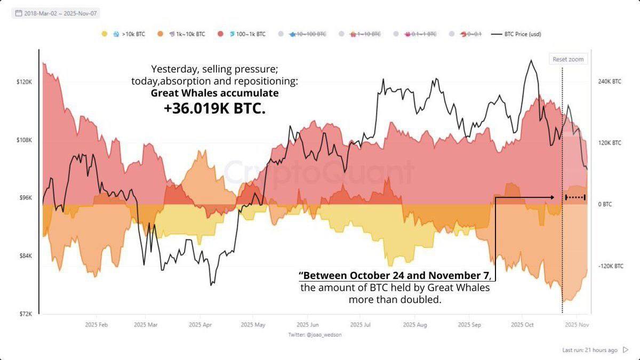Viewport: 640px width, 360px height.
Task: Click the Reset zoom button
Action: pyautogui.click(x=569, y=59)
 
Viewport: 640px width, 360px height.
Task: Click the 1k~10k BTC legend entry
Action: pyautogui.click(x=190, y=34)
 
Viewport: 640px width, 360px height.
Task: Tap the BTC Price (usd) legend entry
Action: pyautogui.click(x=519, y=34)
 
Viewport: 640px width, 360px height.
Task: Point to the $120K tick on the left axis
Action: pyautogui.click(x=25, y=82)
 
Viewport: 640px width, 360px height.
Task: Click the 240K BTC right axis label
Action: pyautogui.click(x=610, y=82)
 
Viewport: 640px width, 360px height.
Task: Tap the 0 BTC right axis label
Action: pyautogui.click(x=605, y=204)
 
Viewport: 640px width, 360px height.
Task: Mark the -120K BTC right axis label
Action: pyautogui.click(x=610, y=266)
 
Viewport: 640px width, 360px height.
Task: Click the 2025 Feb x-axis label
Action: pyautogui.click(x=97, y=324)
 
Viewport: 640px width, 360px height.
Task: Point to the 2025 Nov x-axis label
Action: pyautogui.click(x=577, y=324)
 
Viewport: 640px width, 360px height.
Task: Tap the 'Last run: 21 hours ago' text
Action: pyautogui.click(x=590, y=350)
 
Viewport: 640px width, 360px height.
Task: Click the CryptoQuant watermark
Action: pyautogui.click(x=318, y=172)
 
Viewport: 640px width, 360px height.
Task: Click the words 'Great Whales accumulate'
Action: pyautogui.click(x=214, y=93)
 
